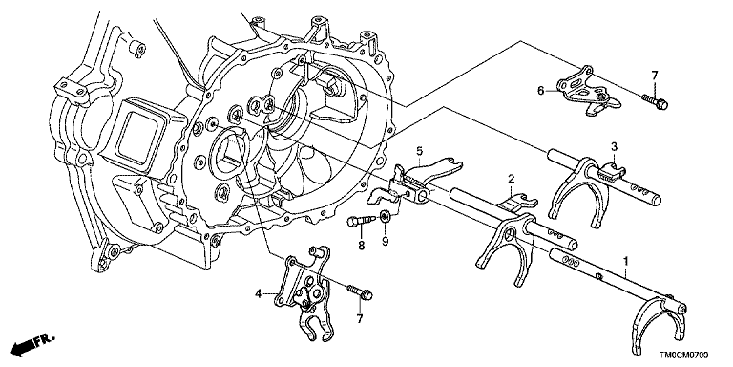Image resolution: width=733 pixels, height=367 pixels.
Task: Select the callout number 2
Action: coord(512,178)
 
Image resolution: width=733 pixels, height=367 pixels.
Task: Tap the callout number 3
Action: coord(615,146)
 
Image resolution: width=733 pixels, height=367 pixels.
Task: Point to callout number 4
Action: coord(258,294)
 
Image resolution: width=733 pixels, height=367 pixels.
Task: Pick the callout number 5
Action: coord(419,151)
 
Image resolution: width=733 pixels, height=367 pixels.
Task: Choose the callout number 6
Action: coord(541,91)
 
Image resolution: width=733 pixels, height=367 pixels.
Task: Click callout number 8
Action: coord(362,245)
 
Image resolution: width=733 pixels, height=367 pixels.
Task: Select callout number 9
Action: coord(385,245)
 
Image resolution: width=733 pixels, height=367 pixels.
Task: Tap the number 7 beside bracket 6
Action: coord(655,75)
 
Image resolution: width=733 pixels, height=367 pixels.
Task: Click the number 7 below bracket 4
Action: coord(360,319)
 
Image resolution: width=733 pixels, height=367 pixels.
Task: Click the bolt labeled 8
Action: coord(361,220)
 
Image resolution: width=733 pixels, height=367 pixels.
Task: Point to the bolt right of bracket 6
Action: coord(655,101)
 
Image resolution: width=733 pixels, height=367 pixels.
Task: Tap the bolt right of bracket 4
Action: coord(360,292)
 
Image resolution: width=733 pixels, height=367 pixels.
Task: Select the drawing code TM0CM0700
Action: coord(685,356)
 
